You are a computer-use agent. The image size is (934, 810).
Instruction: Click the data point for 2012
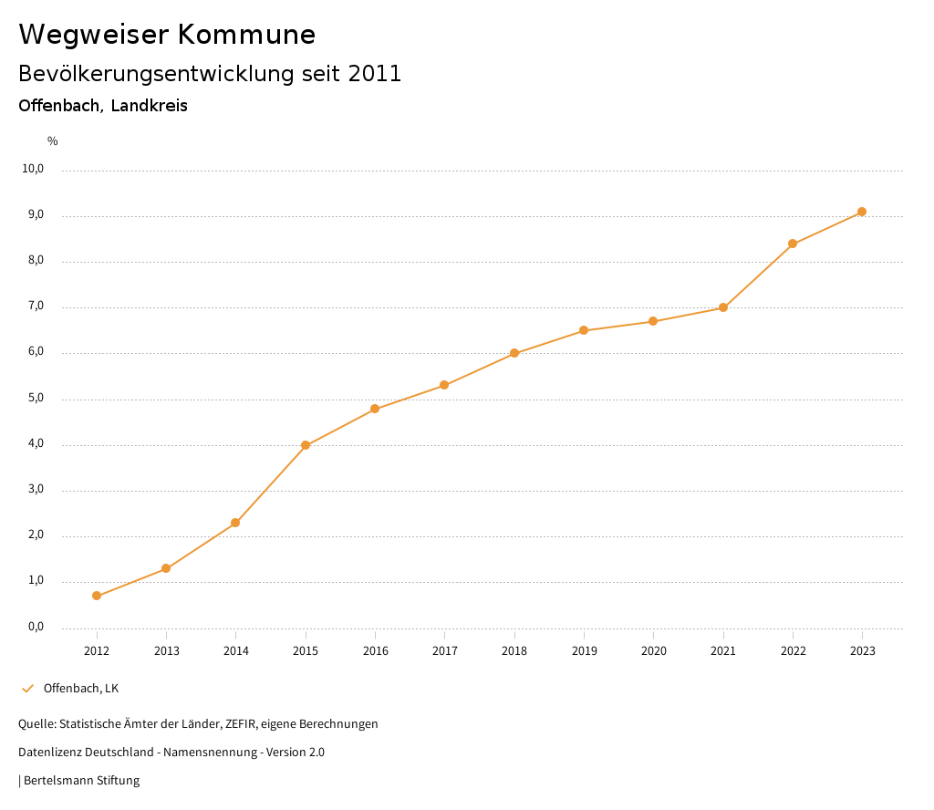[x=97, y=596]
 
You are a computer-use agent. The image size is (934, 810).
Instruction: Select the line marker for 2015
[x=306, y=445]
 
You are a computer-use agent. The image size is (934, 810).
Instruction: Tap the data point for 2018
[x=514, y=353]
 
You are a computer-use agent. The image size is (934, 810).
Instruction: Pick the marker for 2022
[x=793, y=244]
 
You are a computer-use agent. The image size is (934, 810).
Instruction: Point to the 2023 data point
[x=862, y=212]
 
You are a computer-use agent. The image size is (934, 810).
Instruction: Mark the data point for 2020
[x=653, y=321]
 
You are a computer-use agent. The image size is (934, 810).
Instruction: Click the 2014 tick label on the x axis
[x=236, y=650]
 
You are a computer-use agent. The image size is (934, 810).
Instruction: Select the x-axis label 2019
[x=584, y=650]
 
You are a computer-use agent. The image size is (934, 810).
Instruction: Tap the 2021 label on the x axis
[x=723, y=650]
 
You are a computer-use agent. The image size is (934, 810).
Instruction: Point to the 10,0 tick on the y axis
[x=33, y=169]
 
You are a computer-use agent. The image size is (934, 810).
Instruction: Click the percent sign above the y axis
[x=53, y=141]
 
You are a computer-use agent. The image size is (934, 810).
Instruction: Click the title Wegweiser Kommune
[x=167, y=35]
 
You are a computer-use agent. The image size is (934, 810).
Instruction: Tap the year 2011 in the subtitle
[x=375, y=74]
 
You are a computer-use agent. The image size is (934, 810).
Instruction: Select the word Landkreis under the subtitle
[x=150, y=106]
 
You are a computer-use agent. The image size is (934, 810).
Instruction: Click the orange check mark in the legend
[x=27, y=688]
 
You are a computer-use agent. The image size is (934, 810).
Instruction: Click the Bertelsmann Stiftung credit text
[x=81, y=781]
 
